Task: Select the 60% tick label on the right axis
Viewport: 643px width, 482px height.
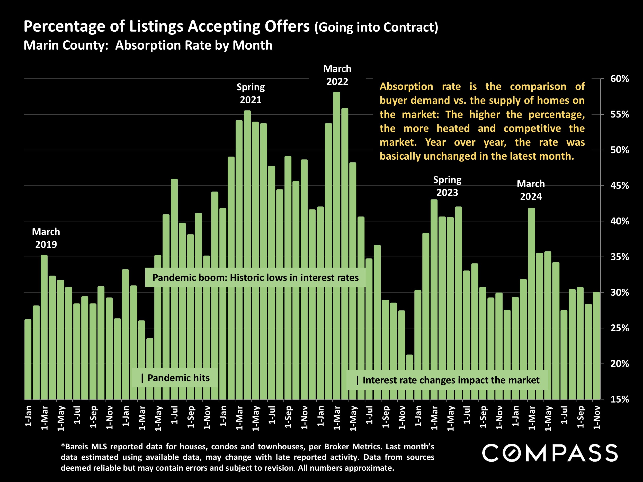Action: pos(619,79)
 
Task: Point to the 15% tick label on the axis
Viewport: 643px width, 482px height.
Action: pos(619,399)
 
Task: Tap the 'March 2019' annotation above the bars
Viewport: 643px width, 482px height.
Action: pos(46,238)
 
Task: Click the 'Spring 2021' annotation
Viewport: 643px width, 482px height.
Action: pos(251,93)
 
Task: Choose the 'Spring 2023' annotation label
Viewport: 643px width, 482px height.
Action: pos(447,186)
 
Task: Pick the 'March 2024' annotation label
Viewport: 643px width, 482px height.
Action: pos(531,190)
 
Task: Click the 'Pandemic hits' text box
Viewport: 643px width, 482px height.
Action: pos(175,378)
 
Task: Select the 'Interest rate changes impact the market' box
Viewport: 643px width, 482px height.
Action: pos(447,380)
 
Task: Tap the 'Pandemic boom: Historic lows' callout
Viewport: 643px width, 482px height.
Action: pos(255,277)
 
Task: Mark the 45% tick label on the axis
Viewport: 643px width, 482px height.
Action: pos(619,186)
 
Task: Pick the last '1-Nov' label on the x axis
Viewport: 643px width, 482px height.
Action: pos(596,417)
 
